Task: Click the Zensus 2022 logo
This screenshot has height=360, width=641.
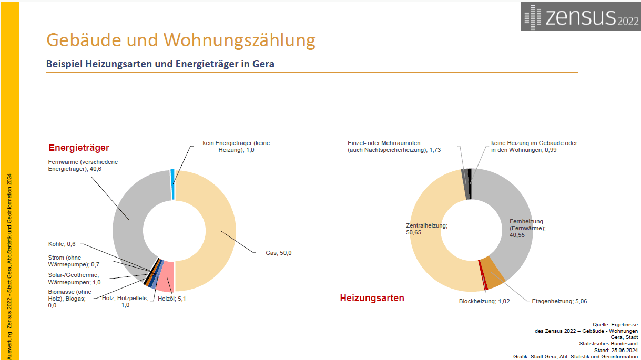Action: click(581, 16)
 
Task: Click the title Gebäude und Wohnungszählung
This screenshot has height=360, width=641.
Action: click(180, 40)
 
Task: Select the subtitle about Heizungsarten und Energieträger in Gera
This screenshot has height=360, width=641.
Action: click(160, 64)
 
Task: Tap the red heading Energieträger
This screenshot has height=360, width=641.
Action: click(79, 148)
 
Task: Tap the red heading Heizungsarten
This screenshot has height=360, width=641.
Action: click(372, 298)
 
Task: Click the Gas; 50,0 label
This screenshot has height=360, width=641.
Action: click(278, 253)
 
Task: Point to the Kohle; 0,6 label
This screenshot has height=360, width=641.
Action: click(62, 244)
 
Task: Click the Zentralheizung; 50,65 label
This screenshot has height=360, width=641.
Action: click(426, 229)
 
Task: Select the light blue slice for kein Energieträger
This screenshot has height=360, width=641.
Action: click(172, 184)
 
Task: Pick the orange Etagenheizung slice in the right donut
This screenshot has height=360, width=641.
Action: click(493, 271)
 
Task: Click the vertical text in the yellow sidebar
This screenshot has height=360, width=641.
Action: click(9, 263)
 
